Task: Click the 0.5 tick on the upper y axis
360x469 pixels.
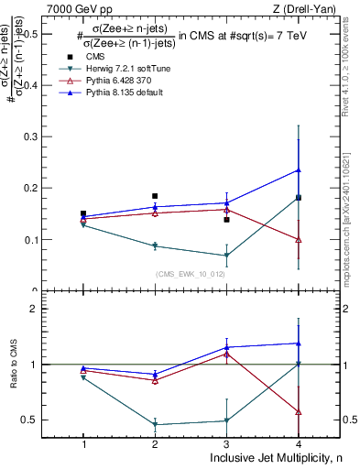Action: pyautogui.click(x=43, y=34)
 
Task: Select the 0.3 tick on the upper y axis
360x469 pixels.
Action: pyautogui.click(x=43, y=136)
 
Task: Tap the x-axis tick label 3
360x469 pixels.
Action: pyautogui.click(x=226, y=444)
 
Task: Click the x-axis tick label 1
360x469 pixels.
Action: pyautogui.click(x=83, y=444)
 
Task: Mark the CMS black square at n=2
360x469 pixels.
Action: pyautogui.click(x=155, y=196)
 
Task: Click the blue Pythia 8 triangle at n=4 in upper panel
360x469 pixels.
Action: pyautogui.click(x=298, y=169)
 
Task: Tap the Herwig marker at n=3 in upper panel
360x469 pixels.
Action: pyautogui.click(x=226, y=256)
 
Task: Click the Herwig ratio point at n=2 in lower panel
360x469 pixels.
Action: pyautogui.click(x=155, y=424)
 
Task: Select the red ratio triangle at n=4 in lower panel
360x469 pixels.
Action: pyautogui.click(x=298, y=411)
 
